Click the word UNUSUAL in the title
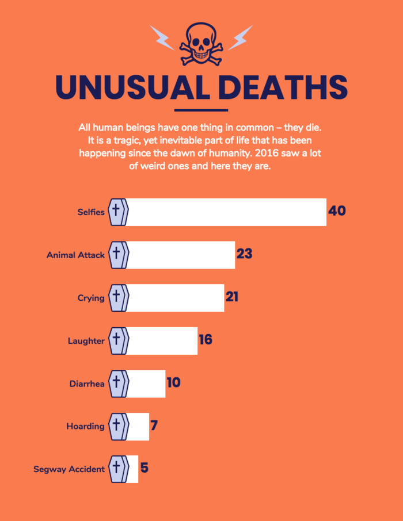[134, 87]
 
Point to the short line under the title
[201, 110]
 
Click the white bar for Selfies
[227, 212]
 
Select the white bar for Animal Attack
[181, 255]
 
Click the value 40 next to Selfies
[337, 211]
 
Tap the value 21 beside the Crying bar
[232, 297]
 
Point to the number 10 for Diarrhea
[173, 382]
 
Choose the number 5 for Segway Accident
[145, 468]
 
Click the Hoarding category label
[86, 426]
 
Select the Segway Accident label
[69, 469]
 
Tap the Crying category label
[91, 298]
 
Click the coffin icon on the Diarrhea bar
[118, 382]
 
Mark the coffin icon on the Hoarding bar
[118, 426]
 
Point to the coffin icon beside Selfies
[118, 212]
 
